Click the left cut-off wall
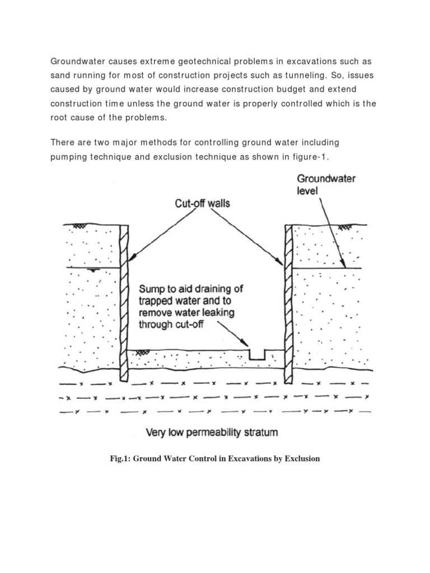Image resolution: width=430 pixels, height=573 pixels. pyautogui.click(x=125, y=302)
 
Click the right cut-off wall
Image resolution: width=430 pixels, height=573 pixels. pyautogui.click(x=288, y=302)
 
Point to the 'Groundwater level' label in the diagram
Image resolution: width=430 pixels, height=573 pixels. pyautogui.click(x=326, y=185)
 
